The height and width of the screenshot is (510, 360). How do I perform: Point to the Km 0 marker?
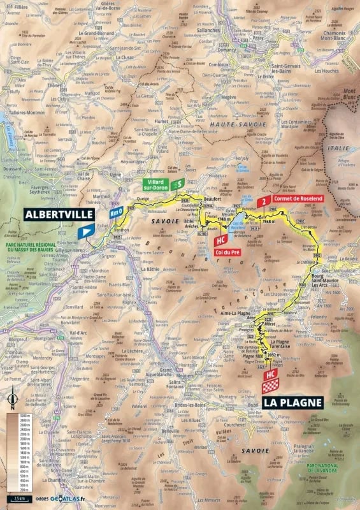click(115, 212)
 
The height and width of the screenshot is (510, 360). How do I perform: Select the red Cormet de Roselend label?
click(300, 198)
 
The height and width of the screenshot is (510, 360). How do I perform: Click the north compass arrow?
click(12, 399)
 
